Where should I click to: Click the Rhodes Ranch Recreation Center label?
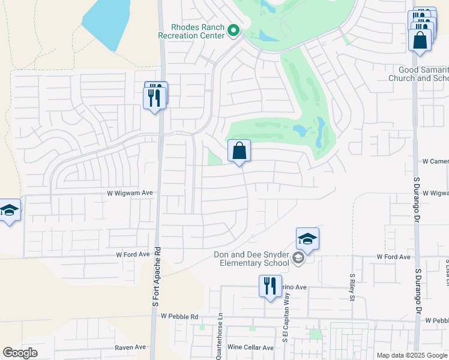191,31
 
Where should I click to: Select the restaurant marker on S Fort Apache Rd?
155,96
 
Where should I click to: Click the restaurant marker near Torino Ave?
270,285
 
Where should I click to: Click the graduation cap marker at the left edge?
10,211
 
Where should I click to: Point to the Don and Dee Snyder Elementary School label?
252,259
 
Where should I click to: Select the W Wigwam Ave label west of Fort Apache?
130,193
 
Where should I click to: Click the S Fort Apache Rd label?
157,277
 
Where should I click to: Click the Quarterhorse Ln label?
220,336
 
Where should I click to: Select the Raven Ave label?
130,347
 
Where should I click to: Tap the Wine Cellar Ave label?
250,347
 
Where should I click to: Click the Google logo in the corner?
20,353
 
